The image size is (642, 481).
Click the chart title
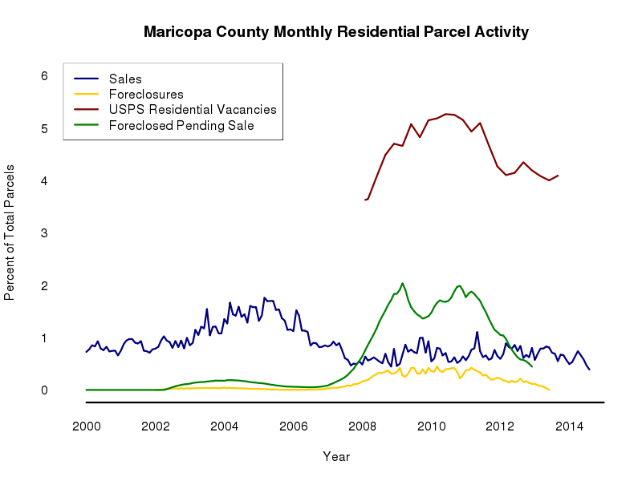(336, 33)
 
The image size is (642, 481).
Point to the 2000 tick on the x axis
(87, 426)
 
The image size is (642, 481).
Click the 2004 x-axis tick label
(225, 426)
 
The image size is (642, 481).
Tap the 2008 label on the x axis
(363, 426)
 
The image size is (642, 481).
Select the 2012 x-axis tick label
(501, 426)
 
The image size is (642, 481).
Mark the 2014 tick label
(570, 426)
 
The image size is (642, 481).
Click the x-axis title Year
(336, 456)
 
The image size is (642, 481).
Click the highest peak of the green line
(402, 283)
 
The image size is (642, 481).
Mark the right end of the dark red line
(558, 175)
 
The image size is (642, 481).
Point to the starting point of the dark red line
(365, 200)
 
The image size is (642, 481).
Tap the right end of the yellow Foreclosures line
(549, 390)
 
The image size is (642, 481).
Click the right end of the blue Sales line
(590, 370)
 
